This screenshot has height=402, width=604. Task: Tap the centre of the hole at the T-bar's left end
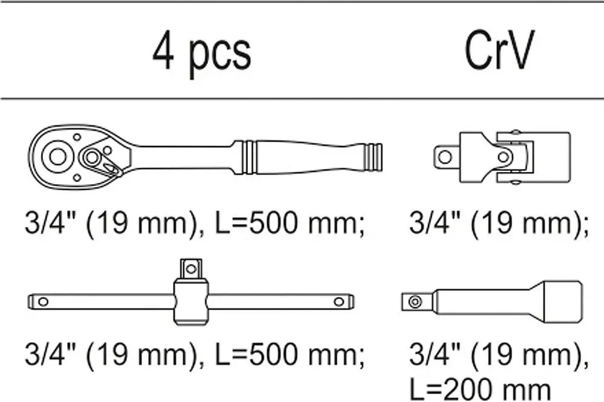43,301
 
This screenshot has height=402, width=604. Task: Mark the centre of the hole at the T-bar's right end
339,301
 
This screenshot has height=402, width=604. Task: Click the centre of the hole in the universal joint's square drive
446,157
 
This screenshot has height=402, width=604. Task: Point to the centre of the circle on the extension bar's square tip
415,301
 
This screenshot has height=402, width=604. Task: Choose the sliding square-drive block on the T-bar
191,301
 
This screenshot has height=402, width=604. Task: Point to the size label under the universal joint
499,224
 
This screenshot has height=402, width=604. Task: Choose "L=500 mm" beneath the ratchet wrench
289,223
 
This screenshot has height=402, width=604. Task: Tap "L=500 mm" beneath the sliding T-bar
289,354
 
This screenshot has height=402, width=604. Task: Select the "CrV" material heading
499,50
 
